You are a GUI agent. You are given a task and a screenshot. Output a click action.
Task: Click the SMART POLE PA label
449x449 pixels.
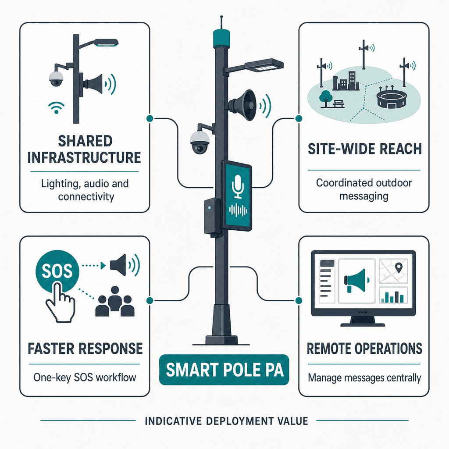(x=224, y=370)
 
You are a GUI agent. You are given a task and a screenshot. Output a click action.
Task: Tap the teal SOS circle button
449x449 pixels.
(x=57, y=271)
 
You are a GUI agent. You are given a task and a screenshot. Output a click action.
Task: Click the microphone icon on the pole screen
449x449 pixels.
(x=238, y=186)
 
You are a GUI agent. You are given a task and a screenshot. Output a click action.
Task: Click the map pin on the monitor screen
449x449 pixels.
(x=399, y=267)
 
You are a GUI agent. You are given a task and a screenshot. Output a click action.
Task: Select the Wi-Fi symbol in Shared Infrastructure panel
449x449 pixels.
(x=57, y=107)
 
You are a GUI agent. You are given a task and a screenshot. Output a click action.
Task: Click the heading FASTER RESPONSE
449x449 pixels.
(x=85, y=349)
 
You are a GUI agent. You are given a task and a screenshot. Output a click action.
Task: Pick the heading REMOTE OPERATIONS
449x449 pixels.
(x=364, y=349)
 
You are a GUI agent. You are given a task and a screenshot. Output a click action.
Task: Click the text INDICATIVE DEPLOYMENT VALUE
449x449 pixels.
(x=226, y=421)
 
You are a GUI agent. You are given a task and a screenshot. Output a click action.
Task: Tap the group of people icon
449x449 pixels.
(x=115, y=301)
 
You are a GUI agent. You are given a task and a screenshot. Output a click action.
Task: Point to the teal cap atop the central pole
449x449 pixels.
(x=221, y=38)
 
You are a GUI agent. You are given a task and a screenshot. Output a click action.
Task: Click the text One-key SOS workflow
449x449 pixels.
(x=85, y=378)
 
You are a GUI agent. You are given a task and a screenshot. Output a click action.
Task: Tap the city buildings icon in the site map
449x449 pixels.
(x=346, y=81)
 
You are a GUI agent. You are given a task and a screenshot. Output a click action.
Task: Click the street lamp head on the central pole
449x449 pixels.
(x=264, y=65)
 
